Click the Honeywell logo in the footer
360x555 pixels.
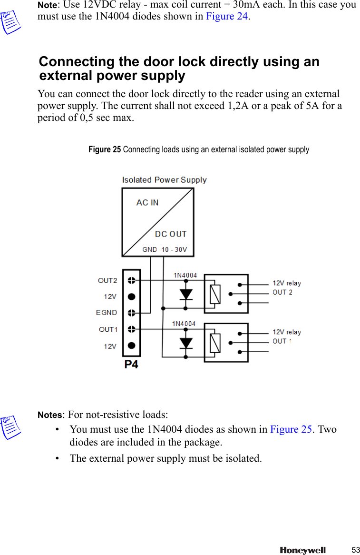click(x=302, y=550)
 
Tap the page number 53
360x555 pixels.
click(x=356, y=550)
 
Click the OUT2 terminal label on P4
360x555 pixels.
click(x=107, y=280)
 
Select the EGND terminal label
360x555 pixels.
click(x=107, y=313)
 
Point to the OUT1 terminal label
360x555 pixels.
click(x=108, y=329)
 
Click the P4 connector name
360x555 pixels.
click(x=131, y=365)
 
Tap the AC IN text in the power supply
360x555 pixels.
click(x=147, y=202)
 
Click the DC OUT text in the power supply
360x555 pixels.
click(x=171, y=234)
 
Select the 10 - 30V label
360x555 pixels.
click(x=174, y=249)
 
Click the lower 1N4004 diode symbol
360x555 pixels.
click(x=186, y=343)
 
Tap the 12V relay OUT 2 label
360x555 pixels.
click(x=286, y=287)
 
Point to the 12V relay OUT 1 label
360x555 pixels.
click(x=286, y=337)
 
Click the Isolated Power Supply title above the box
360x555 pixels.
click(x=164, y=180)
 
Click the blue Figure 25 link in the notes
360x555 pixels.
click(x=291, y=429)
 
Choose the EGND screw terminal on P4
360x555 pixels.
click(x=132, y=313)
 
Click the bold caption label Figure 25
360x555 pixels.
click(x=105, y=149)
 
